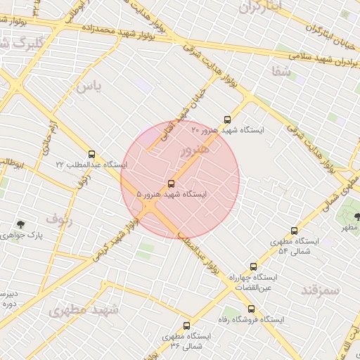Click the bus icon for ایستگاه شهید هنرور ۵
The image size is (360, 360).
point(171,184)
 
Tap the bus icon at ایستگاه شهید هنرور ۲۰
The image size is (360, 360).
point(226,120)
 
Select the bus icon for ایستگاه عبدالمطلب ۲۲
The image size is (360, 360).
point(91,154)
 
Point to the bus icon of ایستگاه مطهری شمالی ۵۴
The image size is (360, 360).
point(294,231)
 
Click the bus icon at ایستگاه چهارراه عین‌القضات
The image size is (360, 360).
point(254,266)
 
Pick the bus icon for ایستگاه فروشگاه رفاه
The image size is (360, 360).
point(251,309)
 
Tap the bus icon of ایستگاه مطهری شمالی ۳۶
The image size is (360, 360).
point(186,326)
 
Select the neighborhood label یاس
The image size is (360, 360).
point(89,87)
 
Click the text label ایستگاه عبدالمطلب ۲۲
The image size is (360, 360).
point(91,165)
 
